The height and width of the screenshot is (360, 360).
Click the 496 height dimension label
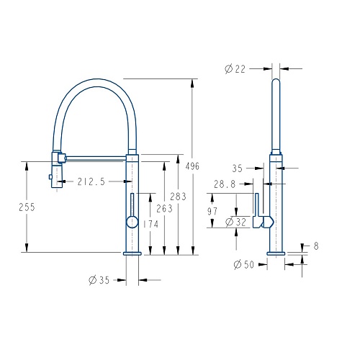click(192, 166)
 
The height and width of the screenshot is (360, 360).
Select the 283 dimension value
click(179, 197)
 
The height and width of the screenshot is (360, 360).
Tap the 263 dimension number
click(164, 209)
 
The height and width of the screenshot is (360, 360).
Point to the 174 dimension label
click(150, 225)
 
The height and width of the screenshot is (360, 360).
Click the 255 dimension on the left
click(27, 207)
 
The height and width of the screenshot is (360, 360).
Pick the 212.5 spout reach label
click(91, 181)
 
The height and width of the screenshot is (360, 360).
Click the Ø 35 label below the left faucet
click(99, 280)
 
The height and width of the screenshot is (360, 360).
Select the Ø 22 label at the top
click(235, 69)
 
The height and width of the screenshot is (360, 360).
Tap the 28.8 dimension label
click(225, 184)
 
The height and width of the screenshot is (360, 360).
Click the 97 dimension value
click(212, 211)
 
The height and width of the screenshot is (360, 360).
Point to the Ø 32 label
click(236, 222)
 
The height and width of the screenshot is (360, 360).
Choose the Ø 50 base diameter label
click(244, 264)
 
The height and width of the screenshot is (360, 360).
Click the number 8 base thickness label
click(316, 246)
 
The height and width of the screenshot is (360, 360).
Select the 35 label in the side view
click(237, 168)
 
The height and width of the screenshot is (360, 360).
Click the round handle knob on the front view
click(132, 222)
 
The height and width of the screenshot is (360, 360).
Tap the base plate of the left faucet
click(132, 253)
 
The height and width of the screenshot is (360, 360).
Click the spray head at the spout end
click(57, 169)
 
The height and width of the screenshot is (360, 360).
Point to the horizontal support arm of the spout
click(96, 158)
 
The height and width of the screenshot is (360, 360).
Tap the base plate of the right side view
click(276, 253)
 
